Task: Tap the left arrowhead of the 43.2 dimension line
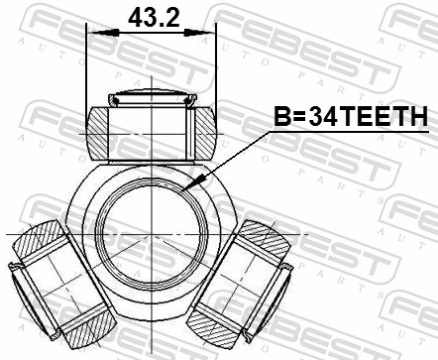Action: (94, 33)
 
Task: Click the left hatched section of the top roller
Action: (98, 129)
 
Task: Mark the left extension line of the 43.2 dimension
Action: (88, 69)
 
